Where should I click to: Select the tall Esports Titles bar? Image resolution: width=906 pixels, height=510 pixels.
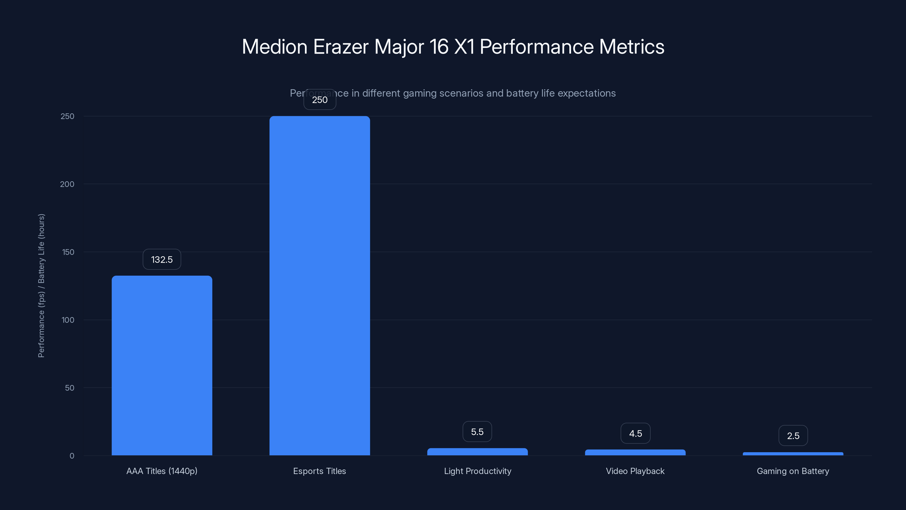(319, 285)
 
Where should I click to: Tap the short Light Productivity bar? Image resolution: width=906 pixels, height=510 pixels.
(477, 452)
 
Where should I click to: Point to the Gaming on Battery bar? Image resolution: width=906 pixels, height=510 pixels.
(793, 454)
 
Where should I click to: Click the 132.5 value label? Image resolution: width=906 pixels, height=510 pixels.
(162, 260)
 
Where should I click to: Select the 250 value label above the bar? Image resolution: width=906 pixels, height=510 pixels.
(319, 100)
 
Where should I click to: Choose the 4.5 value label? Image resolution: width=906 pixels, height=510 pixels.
(635, 433)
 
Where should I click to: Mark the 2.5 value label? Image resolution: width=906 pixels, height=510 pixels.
(793, 436)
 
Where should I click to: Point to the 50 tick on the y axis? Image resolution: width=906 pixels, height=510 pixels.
(70, 388)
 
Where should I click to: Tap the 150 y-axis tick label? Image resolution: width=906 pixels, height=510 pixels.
(68, 252)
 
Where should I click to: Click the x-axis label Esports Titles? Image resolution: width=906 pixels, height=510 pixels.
(319, 471)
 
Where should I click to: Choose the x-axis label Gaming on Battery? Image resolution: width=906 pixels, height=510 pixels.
(793, 471)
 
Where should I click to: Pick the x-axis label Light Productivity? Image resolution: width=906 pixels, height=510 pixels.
(477, 471)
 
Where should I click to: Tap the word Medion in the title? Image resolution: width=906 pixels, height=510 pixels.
(275, 47)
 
